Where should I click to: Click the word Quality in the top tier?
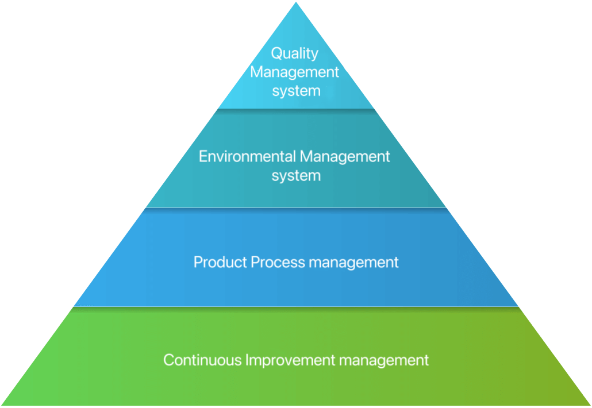click(295, 53)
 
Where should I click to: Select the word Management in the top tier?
click(295, 72)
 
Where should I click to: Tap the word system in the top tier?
click(296, 91)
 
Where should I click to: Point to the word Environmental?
click(247, 156)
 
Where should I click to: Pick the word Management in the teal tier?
click(345, 156)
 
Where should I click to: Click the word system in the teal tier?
click(296, 175)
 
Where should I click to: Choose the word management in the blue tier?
click(354, 263)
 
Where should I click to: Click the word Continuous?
click(202, 360)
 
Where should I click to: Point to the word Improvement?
click(290, 360)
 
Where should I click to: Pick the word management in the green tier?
click(384, 360)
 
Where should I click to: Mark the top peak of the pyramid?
click(296, 3)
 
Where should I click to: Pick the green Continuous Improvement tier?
click(296, 385)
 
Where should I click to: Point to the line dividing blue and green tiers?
click(296, 307)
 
